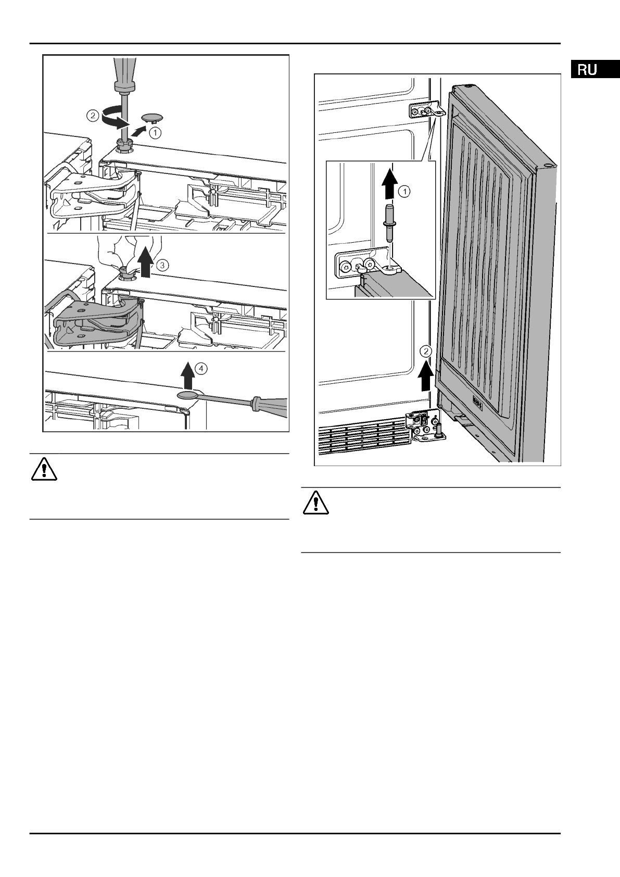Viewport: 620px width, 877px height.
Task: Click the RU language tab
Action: (x=587, y=70)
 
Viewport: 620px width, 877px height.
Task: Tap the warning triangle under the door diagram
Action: (x=314, y=502)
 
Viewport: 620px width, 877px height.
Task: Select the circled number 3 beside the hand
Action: (x=162, y=265)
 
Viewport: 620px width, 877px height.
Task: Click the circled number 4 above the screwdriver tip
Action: (x=201, y=368)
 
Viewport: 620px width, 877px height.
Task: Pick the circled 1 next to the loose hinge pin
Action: (x=404, y=192)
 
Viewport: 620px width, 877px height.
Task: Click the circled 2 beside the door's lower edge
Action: (x=426, y=351)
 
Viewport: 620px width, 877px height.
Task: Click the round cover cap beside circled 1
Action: (x=152, y=115)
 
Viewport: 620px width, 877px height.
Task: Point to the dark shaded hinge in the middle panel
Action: (x=91, y=323)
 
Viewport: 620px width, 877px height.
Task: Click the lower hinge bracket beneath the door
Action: (x=424, y=425)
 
